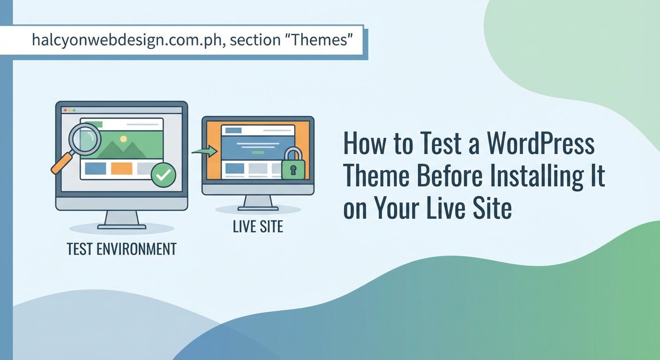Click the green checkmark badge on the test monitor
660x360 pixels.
[x=163, y=175]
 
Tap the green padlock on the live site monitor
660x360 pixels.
[x=293, y=165]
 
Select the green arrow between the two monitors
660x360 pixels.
[x=205, y=151]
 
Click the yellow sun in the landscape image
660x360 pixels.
[x=123, y=139]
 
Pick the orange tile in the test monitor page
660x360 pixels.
[x=121, y=168]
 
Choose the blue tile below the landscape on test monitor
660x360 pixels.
[x=95, y=168]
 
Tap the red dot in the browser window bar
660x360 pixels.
[x=65, y=110]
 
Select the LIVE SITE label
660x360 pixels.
[x=258, y=227]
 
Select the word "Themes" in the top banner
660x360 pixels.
[x=324, y=40]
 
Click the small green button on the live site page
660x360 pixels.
[x=257, y=153]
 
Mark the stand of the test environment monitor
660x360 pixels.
[x=121, y=219]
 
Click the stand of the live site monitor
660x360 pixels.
[x=258, y=203]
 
